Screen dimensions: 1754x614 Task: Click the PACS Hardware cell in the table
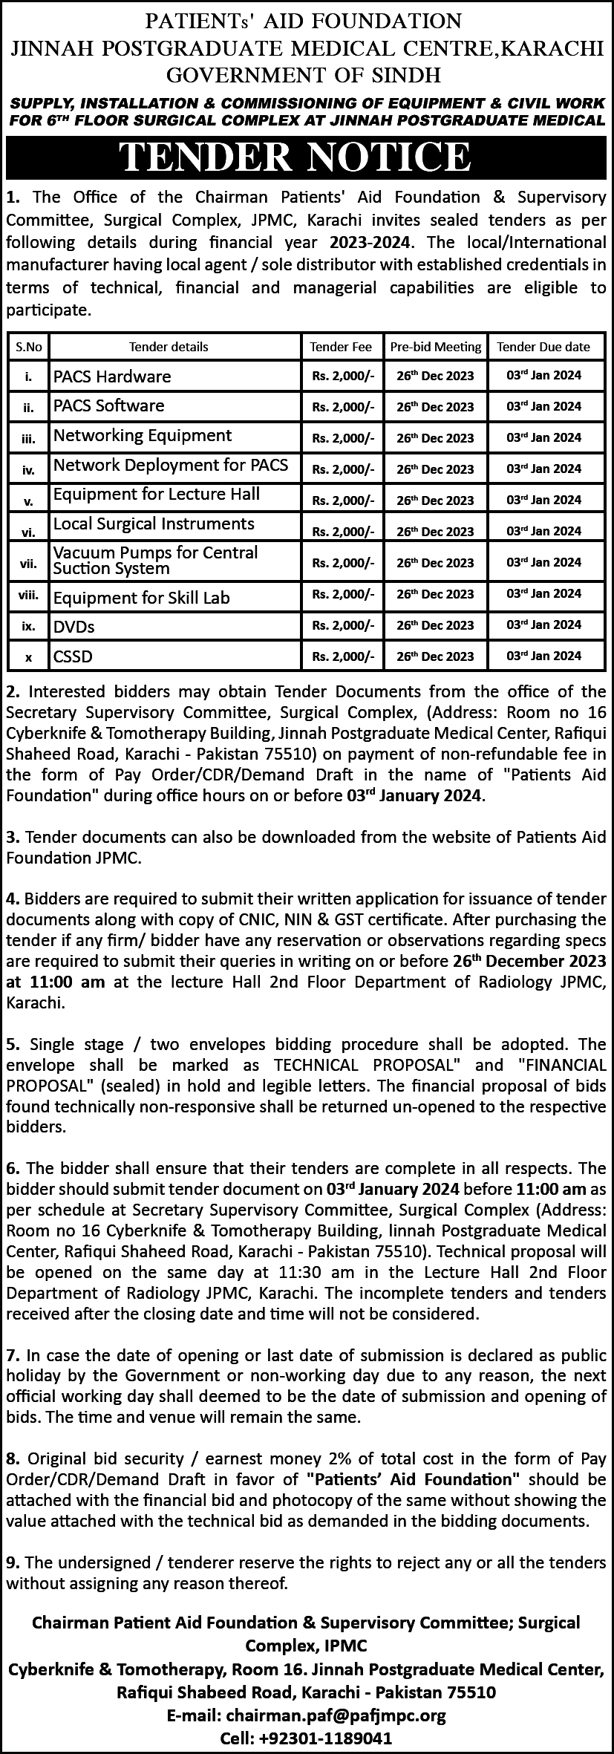tap(112, 376)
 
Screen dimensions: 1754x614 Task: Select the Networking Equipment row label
tap(143, 435)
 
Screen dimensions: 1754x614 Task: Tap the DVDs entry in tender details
tap(74, 627)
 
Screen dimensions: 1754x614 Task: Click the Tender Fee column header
tap(341, 347)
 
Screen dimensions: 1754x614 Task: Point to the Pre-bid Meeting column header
tap(435, 347)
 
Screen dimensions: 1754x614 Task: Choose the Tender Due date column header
tap(543, 347)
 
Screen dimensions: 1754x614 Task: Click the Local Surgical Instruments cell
tap(154, 524)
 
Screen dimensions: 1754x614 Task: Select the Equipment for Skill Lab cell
tap(142, 598)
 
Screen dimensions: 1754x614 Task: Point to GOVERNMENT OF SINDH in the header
tap(303, 74)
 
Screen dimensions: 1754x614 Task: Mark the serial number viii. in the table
tap(28, 595)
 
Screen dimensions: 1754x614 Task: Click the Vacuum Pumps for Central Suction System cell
tap(156, 561)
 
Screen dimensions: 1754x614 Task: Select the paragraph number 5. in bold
tap(13, 1044)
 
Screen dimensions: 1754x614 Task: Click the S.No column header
tap(29, 347)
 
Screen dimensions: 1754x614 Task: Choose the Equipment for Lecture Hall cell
tap(157, 495)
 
